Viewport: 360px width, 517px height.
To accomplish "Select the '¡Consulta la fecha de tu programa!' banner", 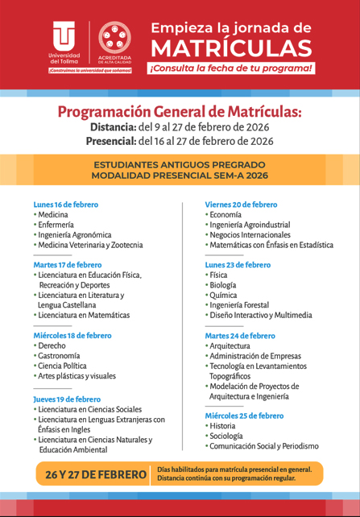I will click(230, 68).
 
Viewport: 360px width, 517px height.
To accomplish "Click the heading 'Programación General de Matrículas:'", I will click(179, 111).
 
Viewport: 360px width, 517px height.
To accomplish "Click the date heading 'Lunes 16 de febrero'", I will click(66, 205).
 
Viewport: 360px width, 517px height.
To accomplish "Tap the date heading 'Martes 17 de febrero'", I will click(68, 264).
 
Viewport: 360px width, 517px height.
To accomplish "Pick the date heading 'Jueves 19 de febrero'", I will click(67, 399).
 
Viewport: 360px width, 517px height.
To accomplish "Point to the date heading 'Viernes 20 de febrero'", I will click(241, 205).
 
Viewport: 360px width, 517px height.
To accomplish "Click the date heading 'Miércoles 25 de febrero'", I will click(244, 416).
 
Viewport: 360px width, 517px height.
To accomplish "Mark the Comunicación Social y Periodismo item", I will click(264, 445).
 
